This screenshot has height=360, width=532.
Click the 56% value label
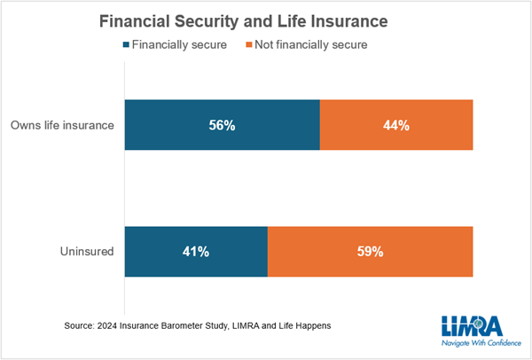coord(222,126)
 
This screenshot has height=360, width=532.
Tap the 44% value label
coord(396,126)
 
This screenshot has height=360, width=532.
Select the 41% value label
coord(196,252)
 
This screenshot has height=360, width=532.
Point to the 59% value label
coord(370,252)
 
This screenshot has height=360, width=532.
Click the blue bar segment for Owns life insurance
coord(223,125)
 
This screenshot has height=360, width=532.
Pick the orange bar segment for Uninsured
coord(370,252)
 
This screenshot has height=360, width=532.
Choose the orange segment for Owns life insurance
coord(396,125)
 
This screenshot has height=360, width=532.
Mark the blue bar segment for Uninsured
coord(196,252)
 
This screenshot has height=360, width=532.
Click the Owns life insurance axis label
coord(62,125)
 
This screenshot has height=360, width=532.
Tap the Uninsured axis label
coord(87,252)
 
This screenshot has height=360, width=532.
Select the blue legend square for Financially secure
coord(126,44)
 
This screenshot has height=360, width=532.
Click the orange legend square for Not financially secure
coord(249,44)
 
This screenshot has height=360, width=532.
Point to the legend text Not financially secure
coord(311,45)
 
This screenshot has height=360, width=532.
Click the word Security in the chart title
coord(207,21)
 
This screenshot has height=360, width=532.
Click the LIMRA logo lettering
coord(472,325)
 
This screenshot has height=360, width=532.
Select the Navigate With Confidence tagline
coord(481,343)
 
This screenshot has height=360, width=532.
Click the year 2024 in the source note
coord(107,325)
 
